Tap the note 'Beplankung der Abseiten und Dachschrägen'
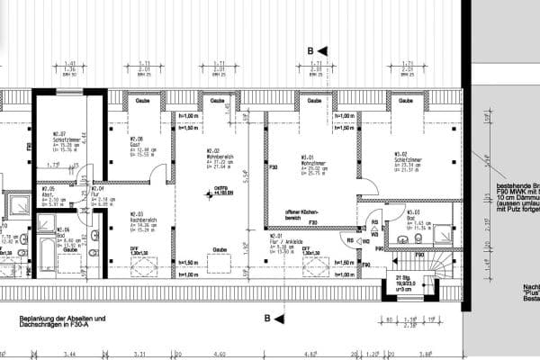pos(68,322)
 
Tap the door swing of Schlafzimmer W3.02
pos(366,186)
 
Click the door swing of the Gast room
pos(157,174)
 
